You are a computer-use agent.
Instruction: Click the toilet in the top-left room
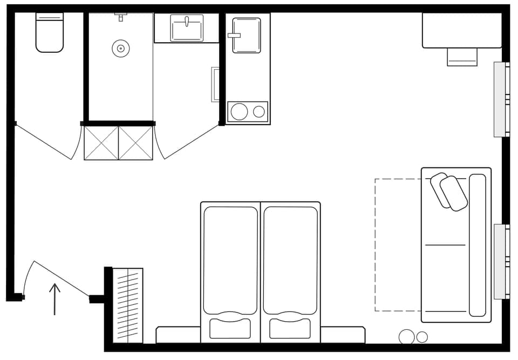(x=50, y=33)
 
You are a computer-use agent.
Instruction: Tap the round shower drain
(x=121, y=49)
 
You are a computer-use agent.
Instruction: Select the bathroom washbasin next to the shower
(x=187, y=28)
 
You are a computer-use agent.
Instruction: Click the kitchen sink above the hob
(x=247, y=36)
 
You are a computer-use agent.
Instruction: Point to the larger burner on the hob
(x=239, y=112)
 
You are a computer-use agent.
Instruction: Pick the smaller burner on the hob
(x=259, y=112)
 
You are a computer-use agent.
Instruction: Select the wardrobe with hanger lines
(x=128, y=305)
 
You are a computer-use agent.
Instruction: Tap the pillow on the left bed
(x=230, y=328)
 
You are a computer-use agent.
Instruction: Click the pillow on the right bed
(x=290, y=328)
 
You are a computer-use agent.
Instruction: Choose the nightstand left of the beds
(x=178, y=335)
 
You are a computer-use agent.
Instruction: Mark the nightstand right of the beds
(x=343, y=335)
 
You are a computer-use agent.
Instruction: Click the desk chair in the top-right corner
(x=462, y=57)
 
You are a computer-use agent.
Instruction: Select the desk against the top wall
(x=462, y=30)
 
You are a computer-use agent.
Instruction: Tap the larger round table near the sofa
(x=407, y=337)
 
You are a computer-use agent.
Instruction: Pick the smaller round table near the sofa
(x=422, y=337)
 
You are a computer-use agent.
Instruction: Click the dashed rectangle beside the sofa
(x=398, y=244)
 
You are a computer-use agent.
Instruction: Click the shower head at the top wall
(x=121, y=16)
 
